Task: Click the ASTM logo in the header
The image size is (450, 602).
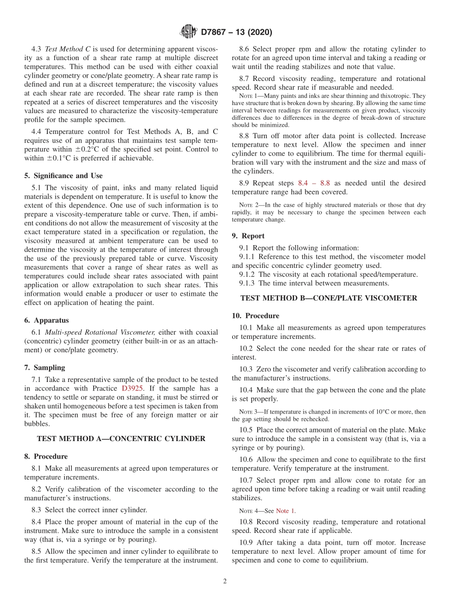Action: [x=188, y=32]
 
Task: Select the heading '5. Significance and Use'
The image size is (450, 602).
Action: [x=63, y=176]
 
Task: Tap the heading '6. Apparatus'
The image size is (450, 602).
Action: [x=46, y=320]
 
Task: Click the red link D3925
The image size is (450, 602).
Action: [x=133, y=388]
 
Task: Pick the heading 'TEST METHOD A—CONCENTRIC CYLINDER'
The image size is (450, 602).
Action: [x=121, y=439]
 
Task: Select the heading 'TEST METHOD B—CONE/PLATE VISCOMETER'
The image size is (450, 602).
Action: [x=329, y=298]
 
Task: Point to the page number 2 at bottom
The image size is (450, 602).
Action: [x=225, y=581]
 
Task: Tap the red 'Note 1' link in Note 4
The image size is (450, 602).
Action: [x=286, y=511]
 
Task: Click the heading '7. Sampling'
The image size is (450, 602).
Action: [x=45, y=368]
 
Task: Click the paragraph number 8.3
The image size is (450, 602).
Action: [x=37, y=510]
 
